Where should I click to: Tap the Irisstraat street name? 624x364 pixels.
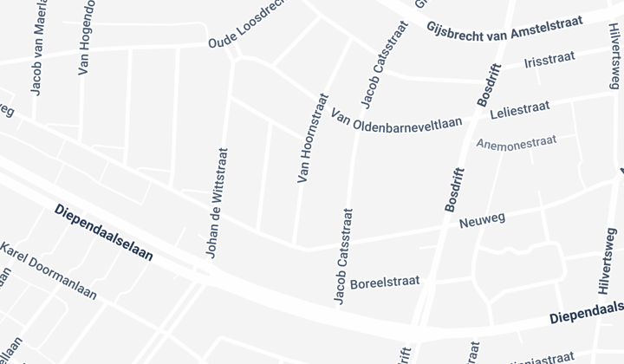(x=549, y=63)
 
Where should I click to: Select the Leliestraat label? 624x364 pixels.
(x=520, y=112)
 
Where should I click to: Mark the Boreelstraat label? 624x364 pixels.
(x=385, y=283)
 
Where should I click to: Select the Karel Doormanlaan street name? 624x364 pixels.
(x=49, y=271)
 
